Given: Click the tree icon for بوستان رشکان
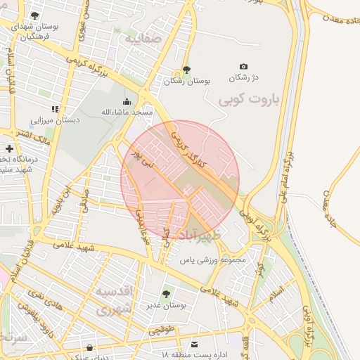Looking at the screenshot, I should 186,70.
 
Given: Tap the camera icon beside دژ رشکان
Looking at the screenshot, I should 243,65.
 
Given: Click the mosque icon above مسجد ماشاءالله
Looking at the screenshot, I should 127,101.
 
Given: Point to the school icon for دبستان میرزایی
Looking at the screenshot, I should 56,109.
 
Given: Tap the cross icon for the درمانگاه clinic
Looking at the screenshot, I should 8,148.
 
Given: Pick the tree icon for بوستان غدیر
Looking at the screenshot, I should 166,294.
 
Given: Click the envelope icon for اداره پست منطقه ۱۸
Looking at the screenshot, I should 195,345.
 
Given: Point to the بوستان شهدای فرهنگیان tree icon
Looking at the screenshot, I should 35,15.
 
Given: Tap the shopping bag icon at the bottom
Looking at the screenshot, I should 89,347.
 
